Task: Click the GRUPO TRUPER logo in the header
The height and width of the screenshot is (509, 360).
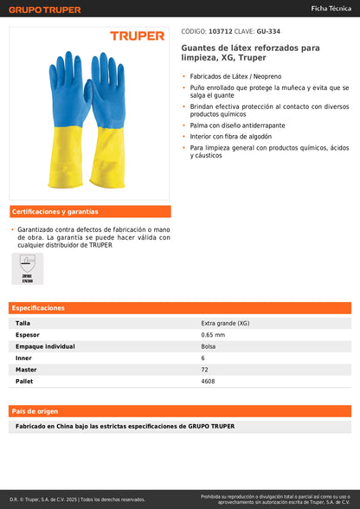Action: click(x=45, y=10)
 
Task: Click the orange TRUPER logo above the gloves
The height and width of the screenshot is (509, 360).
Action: click(x=137, y=36)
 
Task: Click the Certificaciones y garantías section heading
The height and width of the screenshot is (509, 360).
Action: click(x=55, y=212)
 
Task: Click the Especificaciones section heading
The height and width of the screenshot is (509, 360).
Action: click(x=40, y=308)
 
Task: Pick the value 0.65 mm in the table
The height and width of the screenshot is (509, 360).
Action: click(x=213, y=334)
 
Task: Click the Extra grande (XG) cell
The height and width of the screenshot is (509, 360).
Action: click(x=221, y=323)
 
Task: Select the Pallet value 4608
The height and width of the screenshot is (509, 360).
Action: click(x=208, y=381)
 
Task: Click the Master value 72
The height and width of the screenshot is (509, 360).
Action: click(x=204, y=370)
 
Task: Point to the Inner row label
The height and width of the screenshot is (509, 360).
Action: click(x=24, y=358)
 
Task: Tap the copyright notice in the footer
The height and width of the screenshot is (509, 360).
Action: click(x=78, y=499)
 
